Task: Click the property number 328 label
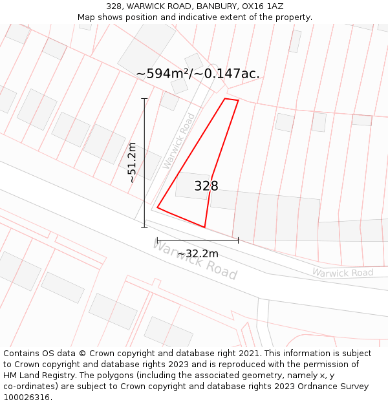coord(206,186)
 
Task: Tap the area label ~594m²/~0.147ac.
coord(198,74)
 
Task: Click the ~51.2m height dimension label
coord(132,163)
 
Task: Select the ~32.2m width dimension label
coord(198,253)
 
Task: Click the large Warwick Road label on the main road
coord(195,259)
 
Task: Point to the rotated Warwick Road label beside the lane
coord(179,141)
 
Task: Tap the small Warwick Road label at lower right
coord(343,273)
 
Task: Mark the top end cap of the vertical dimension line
coord(144,99)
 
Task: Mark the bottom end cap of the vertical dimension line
coord(144,227)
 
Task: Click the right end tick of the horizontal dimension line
coord(238,240)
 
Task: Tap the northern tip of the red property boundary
coord(226,99)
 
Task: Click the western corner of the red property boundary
coord(157,207)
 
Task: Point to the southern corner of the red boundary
coord(204,228)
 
